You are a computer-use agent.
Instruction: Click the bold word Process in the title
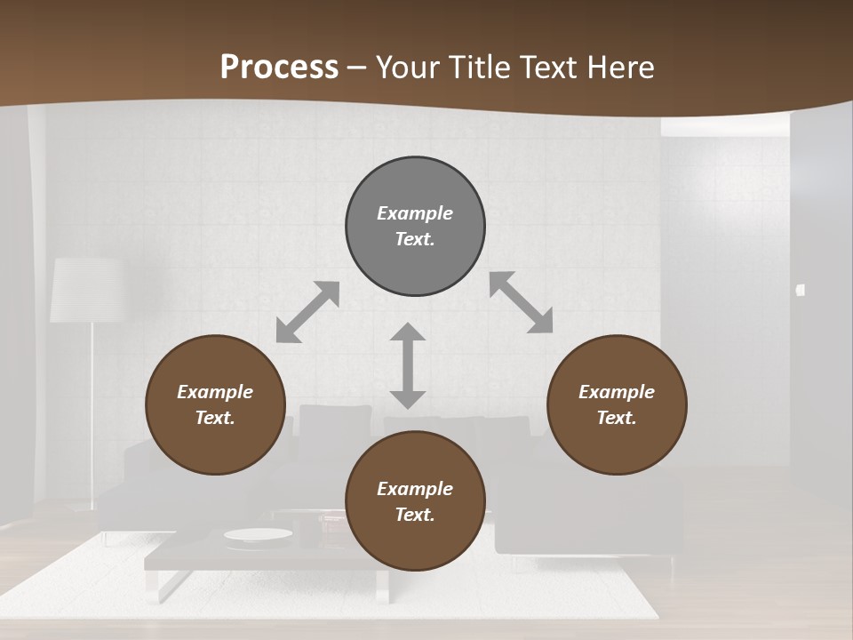(279, 68)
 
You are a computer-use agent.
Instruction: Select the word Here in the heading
(619, 68)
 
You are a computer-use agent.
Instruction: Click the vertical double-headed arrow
(408, 365)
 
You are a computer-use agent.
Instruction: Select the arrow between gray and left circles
(307, 312)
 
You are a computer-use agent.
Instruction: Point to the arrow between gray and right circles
(521, 302)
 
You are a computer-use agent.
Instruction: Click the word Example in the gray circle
(415, 213)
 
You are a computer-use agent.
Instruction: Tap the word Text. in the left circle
(215, 418)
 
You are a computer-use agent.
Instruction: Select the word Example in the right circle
(617, 392)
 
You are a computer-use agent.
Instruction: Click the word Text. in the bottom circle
(415, 515)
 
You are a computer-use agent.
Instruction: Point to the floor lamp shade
(85, 290)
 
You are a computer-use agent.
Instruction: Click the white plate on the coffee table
(258, 534)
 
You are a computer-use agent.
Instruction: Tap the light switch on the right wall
(801, 290)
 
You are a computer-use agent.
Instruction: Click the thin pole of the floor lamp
(92, 409)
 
